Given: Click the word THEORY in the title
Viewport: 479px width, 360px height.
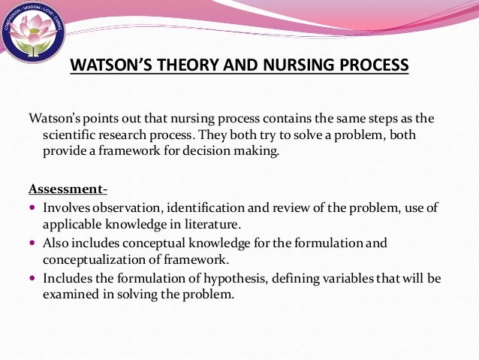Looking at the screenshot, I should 182,65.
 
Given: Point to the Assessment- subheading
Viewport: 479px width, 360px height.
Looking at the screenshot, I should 68,187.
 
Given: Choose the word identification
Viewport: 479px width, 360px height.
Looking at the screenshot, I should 214,207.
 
